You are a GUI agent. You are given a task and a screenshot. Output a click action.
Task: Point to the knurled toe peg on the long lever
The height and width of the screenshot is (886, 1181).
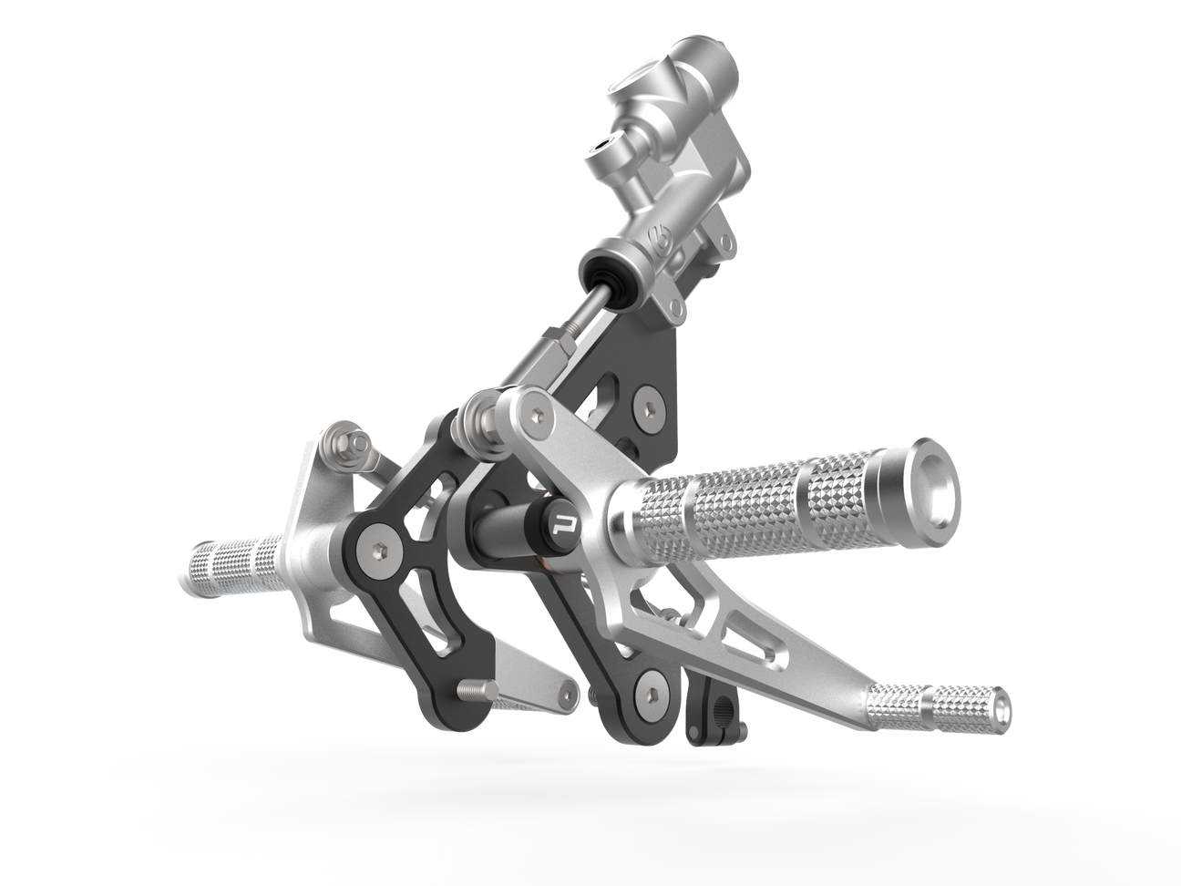[x=939, y=706]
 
